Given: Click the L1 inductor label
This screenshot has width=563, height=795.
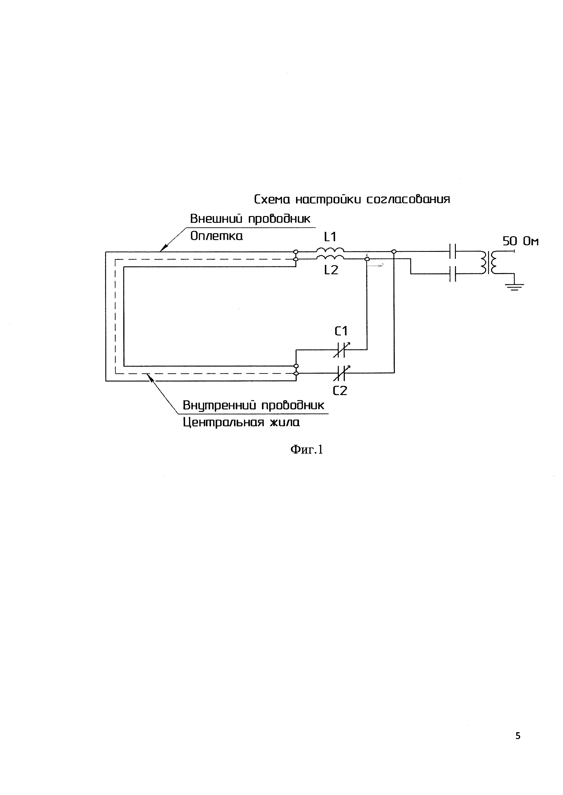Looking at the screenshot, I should coord(330,237).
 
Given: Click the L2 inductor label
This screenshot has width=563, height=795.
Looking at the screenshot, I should coord(331,270).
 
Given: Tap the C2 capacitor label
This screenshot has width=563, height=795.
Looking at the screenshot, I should coord(340,391).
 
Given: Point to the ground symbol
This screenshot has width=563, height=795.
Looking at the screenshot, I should coord(514,286).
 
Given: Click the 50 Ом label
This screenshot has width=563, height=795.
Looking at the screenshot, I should coord(520,241).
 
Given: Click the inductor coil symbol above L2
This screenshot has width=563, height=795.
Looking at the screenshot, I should coord(330,257).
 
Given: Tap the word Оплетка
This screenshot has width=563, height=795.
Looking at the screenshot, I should coord(216,236).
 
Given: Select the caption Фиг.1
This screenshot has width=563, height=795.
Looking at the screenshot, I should coord(306,450).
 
